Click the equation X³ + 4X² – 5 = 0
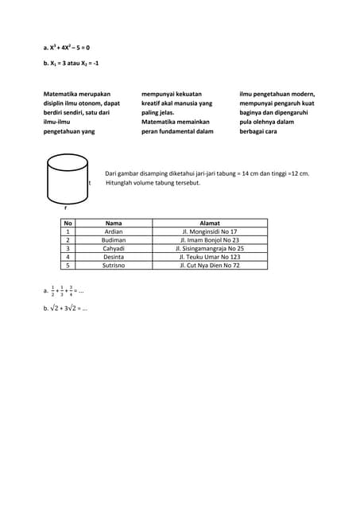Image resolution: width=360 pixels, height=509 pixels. (69, 48)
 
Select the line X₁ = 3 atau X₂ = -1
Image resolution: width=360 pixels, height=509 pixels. (72, 62)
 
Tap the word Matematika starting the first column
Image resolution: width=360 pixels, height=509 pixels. (62, 94)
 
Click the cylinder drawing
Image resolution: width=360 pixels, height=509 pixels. (68, 178)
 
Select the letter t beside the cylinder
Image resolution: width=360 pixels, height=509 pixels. (90, 183)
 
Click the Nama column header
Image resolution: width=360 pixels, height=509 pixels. (114, 223)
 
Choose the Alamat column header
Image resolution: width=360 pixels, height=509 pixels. (210, 223)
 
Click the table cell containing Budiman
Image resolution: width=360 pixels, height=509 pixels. (114, 239)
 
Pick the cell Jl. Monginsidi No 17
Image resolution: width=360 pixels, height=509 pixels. (210, 231)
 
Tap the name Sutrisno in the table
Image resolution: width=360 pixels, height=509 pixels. (114, 266)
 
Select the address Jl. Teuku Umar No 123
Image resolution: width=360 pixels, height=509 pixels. (210, 257)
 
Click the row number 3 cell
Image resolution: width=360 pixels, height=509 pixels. (68, 248)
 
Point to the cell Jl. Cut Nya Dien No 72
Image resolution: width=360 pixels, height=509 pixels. (210, 266)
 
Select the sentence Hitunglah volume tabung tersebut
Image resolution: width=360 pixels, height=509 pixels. (153, 183)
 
